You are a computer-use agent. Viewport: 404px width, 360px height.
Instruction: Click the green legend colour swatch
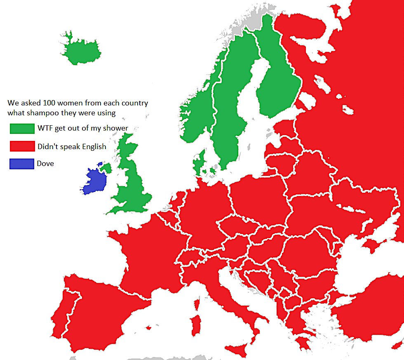pyautogui.click(x=22, y=128)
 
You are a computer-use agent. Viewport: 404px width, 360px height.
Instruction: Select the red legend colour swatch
pyautogui.click(x=22, y=146)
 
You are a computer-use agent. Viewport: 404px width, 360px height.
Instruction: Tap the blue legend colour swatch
pyautogui.click(x=22, y=164)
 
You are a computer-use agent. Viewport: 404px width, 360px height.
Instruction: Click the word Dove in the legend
pyautogui.click(x=45, y=164)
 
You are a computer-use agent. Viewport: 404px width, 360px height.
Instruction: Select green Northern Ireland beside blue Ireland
pyautogui.click(x=106, y=168)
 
